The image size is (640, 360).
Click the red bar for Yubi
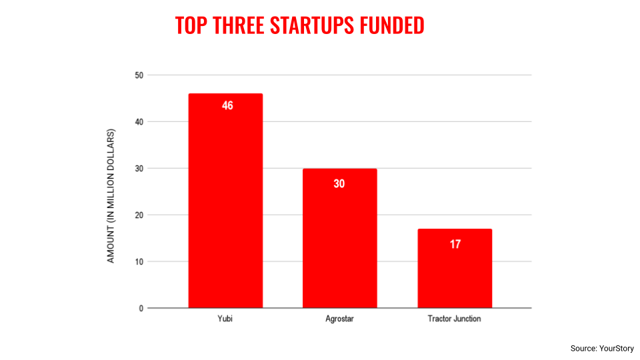[225, 200]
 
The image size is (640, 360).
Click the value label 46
[227, 105]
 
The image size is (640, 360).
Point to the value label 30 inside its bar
[339, 183]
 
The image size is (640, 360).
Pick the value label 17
[455, 244]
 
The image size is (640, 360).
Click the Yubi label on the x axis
[225, 319]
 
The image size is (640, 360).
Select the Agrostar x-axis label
[339, 319]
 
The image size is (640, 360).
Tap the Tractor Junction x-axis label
[454, 319]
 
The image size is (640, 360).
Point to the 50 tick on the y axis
[139, 75]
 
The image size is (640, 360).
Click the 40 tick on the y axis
[139, 122]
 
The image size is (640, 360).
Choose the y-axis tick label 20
[139, 215]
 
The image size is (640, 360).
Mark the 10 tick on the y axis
[139, 262]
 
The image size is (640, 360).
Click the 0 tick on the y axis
[141, 309]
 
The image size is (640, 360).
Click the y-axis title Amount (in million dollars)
[111, 195]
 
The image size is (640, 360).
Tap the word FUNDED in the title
[392, 25]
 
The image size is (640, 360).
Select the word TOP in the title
[190, 25]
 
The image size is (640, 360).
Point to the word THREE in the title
[238, 25]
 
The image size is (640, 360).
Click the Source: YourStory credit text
[602, 348]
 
